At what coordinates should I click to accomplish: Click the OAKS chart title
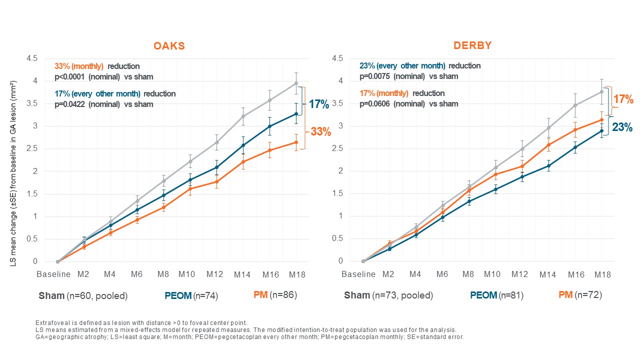[x=168, y=46]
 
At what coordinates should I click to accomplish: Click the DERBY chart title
[x=472, y=45]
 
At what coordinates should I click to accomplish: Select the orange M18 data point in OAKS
[x=296, y=142]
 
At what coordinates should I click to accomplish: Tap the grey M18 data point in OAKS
[x=296, y=83]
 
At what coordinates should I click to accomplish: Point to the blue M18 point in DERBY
[x=601, y=131]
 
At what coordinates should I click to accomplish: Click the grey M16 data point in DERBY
[x=575, y=105]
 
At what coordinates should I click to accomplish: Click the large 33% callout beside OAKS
[x=320, y=132]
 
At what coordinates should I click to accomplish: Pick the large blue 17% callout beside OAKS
[x=318, y=104]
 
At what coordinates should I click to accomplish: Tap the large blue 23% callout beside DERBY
[x=622, y=127]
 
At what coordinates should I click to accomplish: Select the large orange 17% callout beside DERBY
[x=623, y=99]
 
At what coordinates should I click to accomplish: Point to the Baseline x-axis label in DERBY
[x=358, y=274]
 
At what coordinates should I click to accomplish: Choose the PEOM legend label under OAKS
[x=178, y=296]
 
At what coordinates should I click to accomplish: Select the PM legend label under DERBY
[x=565, y=295]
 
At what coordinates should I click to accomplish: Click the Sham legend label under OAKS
[x=51, y=295]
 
